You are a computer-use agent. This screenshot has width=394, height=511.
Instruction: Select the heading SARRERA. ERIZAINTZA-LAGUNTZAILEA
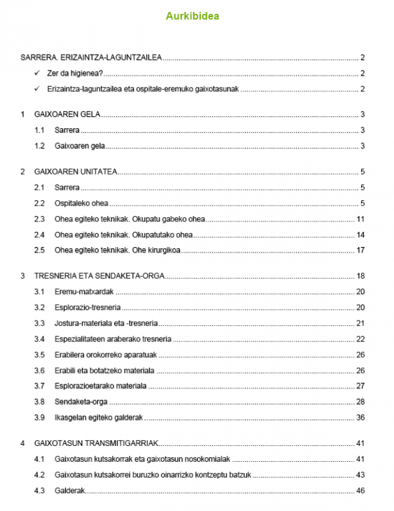(91, 58)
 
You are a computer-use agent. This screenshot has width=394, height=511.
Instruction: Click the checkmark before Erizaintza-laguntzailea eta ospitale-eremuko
(37, 89)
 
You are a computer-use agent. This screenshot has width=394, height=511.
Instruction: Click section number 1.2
(39, 146)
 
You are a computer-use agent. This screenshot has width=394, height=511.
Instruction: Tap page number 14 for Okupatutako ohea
(360, 234)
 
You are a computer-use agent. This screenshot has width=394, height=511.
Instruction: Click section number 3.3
(39, 323)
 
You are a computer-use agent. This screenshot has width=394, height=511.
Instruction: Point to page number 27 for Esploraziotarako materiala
(360, 386)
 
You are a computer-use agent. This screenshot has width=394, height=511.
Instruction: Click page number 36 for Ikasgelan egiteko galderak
(360, 418)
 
